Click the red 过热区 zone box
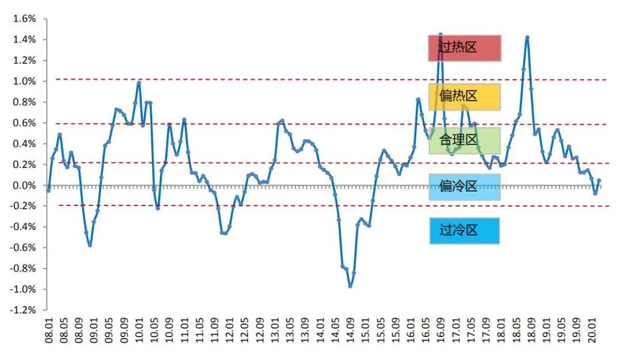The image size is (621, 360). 465,48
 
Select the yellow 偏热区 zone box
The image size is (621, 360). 465,97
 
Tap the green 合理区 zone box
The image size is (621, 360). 465,140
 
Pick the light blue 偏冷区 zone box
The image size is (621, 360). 465,187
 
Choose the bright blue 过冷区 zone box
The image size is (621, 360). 465,231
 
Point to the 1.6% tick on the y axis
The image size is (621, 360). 24,19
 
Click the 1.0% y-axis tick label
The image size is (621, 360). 24,81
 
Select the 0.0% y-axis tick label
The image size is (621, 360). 24,185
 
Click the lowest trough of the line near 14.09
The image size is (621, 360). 350,286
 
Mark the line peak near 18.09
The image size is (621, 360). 527,37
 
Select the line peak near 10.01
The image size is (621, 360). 139,83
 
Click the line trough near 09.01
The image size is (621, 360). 90,245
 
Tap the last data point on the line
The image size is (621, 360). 599,181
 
